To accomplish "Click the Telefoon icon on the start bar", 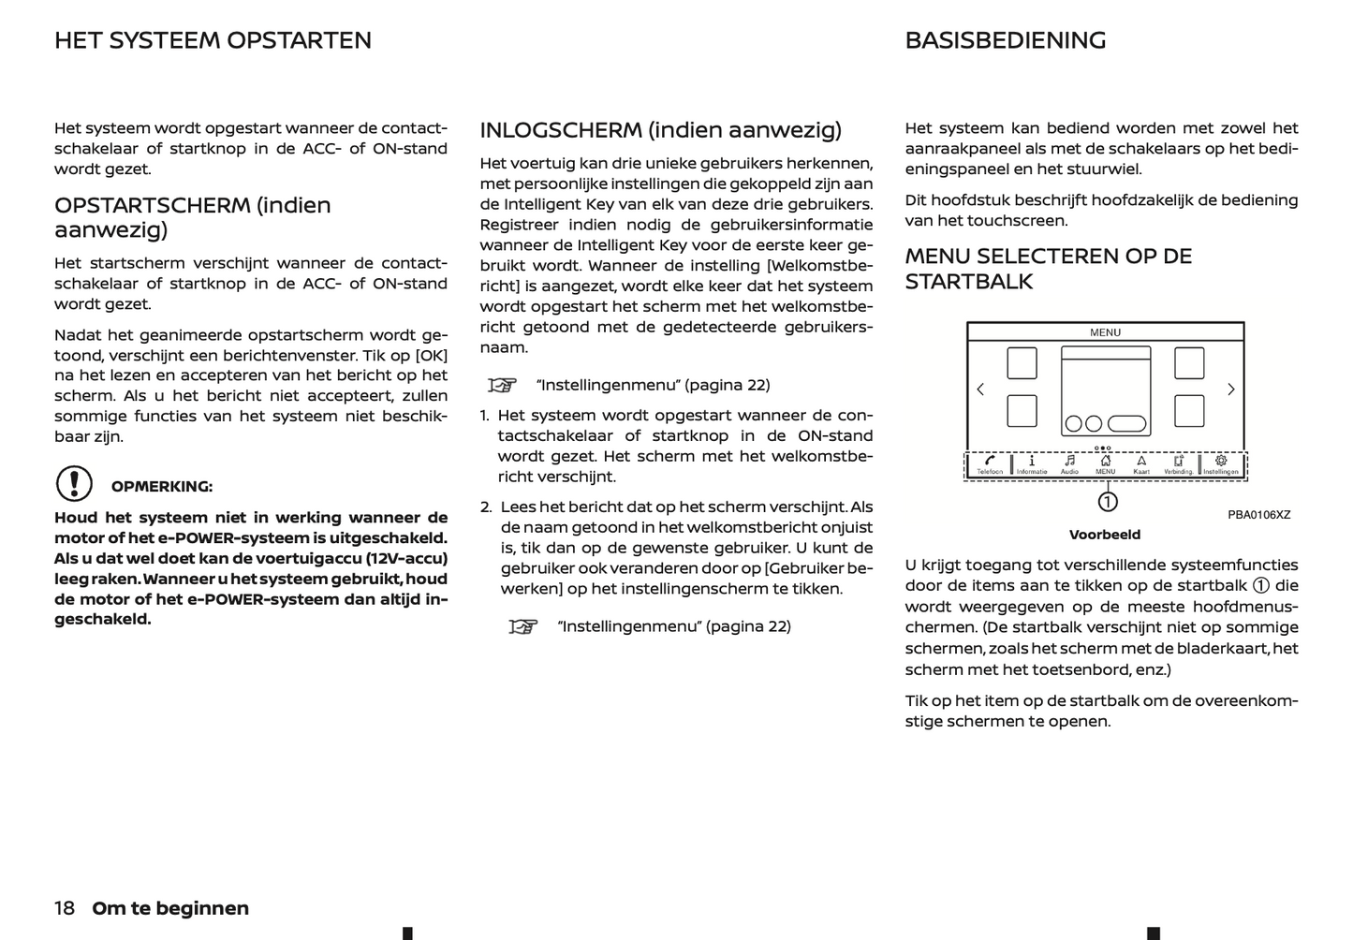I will (x=990, y=461).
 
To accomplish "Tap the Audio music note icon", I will (x=1069, y=461).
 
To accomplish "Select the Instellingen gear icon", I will (x=1221, y=461).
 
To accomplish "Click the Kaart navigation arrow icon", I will (x=1141, y=461).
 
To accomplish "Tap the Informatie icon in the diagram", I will (x=1031, y=461).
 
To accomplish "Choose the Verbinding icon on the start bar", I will (x=1179, y=461).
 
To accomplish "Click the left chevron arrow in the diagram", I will (x=980, y=389).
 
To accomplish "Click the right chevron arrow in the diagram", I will (x=1231, y=389).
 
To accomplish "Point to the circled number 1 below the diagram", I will (x=1108, y=502).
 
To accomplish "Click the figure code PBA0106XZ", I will (x=1258, y=515).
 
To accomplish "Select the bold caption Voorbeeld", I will (x=1105, y=535).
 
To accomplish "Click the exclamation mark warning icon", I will (x=74, y=484).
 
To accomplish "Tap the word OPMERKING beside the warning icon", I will (x=162, y=487).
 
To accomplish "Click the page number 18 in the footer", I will (x=64, y=908).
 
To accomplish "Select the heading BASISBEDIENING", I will (x=1006, y=40).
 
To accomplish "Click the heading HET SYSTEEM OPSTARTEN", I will (x=213, y=40).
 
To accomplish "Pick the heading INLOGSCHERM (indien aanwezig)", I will (x=660, y=130).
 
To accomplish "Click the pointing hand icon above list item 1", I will (x=503, y=385).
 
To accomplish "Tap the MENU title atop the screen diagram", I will (x=1105, y=332).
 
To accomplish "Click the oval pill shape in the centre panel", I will (x=1127, y=423).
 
